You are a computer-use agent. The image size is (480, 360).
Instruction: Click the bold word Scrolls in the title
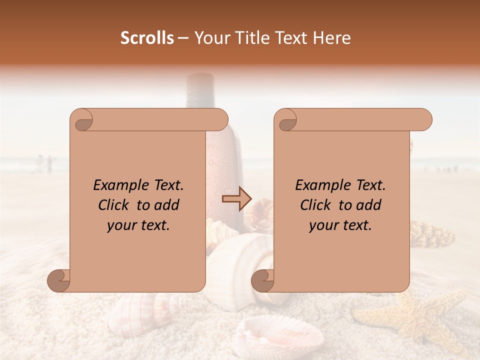(x=147, y=38)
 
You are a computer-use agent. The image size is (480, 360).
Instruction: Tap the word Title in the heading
(x=249, y=38)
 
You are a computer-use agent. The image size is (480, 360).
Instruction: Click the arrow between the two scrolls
(x=236, y=199)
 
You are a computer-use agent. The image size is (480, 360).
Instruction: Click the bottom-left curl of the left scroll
(x=59, y=280)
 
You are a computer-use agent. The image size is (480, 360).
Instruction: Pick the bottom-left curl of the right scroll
(x=263, y=280)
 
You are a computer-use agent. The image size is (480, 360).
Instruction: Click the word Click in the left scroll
(x=113, y=205)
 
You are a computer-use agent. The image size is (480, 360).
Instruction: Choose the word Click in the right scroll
(x=315, y=205)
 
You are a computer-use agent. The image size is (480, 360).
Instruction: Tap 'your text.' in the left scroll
(x=138, y=225)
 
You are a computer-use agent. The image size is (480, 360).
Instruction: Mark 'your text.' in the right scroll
(x=340, y=225)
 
